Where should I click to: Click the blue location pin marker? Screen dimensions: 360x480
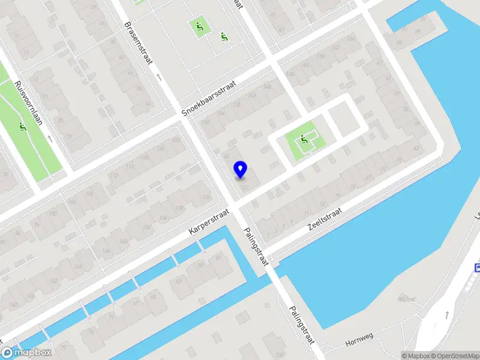pyautogui.click(x=240, y=169)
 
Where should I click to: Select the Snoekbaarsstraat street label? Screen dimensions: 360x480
pyautogui.click(x=210, y=99)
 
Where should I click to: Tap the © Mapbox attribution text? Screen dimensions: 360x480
pyautogui.click(x=413, y=356)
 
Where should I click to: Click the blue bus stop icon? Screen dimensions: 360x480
pyautogui.click(x=478, y=268)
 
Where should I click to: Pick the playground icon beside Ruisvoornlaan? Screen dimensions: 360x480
pyautogui.click(x=23, y=127)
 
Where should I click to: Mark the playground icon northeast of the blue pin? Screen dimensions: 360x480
pyautogui.click(x=304, y=140)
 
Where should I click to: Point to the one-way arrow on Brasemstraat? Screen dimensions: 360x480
pyautogui.click(x=159, y=77)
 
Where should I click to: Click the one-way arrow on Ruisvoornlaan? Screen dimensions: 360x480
pyautogui.click(x=49, y=138)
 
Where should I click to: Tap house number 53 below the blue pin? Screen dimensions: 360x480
pyautogui.click(x=244, y=187)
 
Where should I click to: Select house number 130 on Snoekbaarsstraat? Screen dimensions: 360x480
pyautogui.click(x=206, y=122)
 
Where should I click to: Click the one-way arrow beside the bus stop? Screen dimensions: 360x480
pyautogui.click(x=447, y=314)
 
